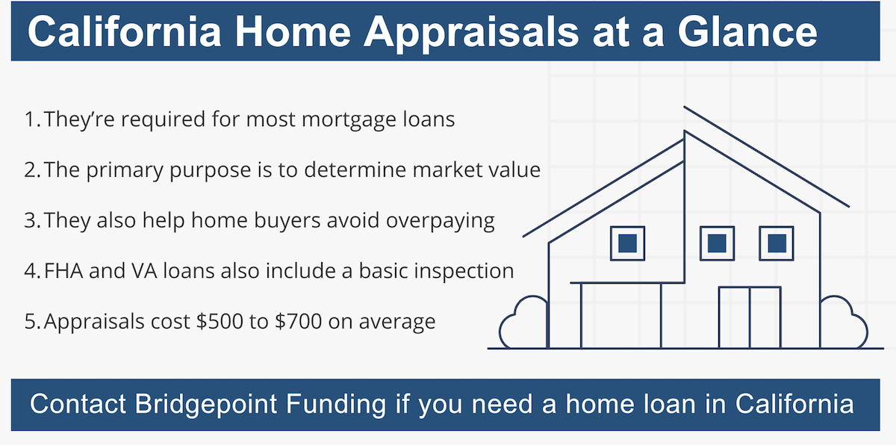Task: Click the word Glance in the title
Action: [x=747, y=31]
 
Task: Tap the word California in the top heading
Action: [x=125, y=31]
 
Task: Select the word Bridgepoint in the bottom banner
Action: [x=205, y=405]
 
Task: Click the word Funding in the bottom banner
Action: [x=335, y=404]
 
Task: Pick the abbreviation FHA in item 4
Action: [x=63, y=271]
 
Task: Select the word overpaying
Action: [x=441, y=221]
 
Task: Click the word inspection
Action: [x=464, y=272]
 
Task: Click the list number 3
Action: [x=31, y=220]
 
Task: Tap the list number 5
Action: [x=31, y=322]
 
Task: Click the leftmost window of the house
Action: [x=627, y=243]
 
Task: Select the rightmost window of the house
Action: [x=777, y=243]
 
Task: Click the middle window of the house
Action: [x=717, y=243]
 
